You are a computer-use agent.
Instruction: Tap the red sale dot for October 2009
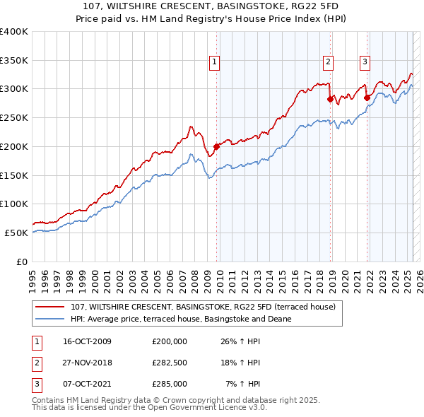tap(216, 146)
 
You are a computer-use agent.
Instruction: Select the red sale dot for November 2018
tap(330, 99)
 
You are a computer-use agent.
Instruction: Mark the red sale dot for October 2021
tap(367, 98)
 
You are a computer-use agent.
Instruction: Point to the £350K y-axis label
tap(13, 61)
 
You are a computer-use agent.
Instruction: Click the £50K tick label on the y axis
tap(16, 233)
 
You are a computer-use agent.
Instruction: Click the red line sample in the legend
tap(49, 307)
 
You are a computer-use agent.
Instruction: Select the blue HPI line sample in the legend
tap(49, 319)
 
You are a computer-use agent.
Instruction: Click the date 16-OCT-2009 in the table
tap(87, 341)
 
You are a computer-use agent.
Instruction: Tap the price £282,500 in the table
tap(169, 363)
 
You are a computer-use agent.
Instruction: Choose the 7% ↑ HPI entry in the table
tap(242, 384)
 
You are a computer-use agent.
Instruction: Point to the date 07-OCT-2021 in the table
tap(87, 384)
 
